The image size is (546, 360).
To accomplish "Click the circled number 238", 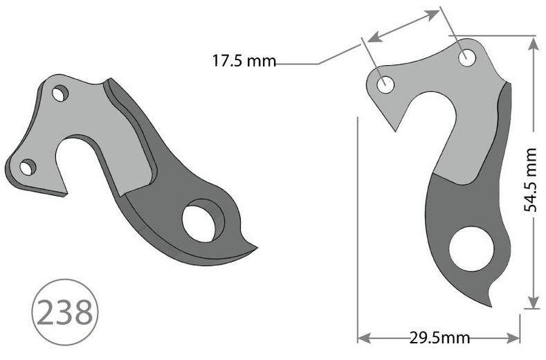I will (64, 313).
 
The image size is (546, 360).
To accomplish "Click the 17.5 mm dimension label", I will (243, 62).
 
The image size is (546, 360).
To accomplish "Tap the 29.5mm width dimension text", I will (439, 338).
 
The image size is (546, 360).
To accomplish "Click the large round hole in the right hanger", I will (471, 249).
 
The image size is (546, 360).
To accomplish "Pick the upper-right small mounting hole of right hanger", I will (467, 57).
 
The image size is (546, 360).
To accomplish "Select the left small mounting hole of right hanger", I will (385, 85).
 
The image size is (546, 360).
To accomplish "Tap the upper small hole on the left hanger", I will (60, 93).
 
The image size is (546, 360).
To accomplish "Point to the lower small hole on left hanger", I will (28, 167).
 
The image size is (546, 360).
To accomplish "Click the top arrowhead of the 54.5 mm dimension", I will (533, 43).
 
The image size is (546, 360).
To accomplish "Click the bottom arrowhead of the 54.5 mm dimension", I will (533, 303).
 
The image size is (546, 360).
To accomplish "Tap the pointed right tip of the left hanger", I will (255, 246).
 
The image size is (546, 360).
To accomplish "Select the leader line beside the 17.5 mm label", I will (298, 64).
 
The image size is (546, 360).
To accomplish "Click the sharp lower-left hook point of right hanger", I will (397, 130).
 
